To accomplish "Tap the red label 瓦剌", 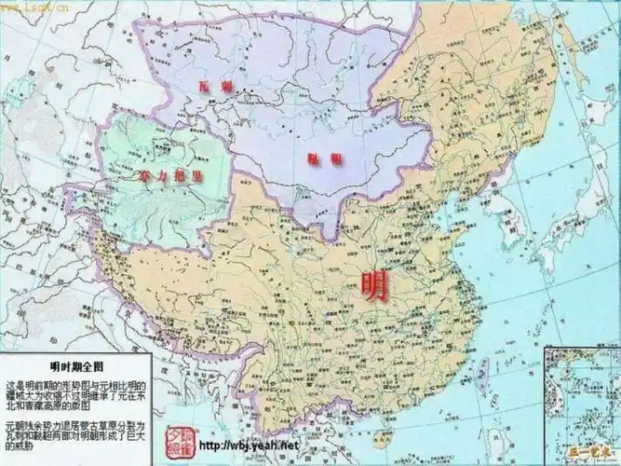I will [x=209, y=86].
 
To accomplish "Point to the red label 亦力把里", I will [x=169, y=175].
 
